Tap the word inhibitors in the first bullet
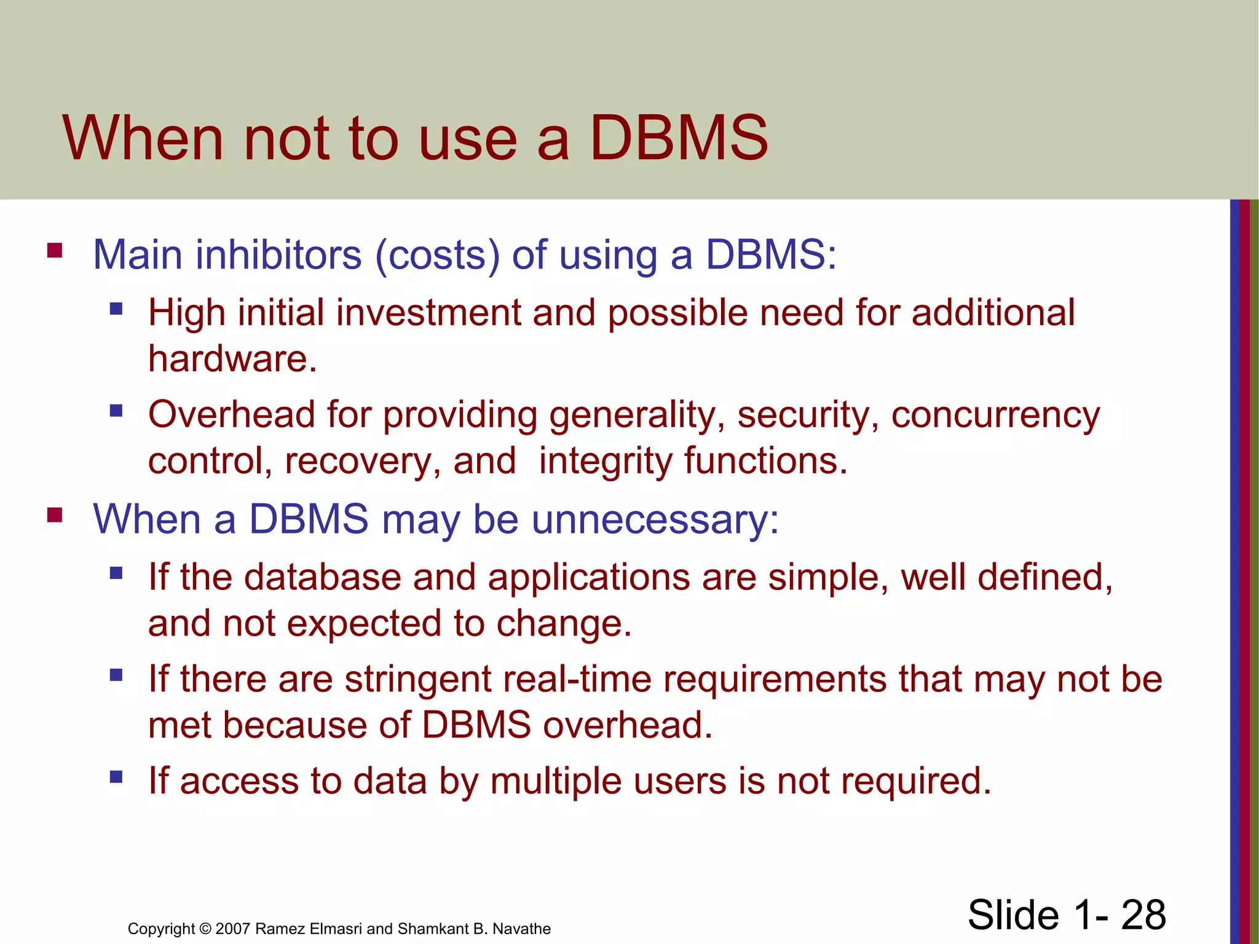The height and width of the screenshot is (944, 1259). (278, 254)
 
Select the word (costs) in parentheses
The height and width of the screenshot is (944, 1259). (438, 256)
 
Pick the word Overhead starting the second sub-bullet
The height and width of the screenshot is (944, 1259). (232, 414)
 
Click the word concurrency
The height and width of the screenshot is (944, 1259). (995, 415)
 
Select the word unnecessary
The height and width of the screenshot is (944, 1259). (655, 520)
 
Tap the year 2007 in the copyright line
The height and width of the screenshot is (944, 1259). (232, 929)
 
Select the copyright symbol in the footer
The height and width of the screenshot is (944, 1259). (205, 929)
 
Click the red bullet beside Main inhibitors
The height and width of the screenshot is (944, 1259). (55, 250)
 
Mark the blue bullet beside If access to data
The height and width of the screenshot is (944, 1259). (116, 777)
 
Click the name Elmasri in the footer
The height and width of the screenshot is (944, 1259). (336, 929)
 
